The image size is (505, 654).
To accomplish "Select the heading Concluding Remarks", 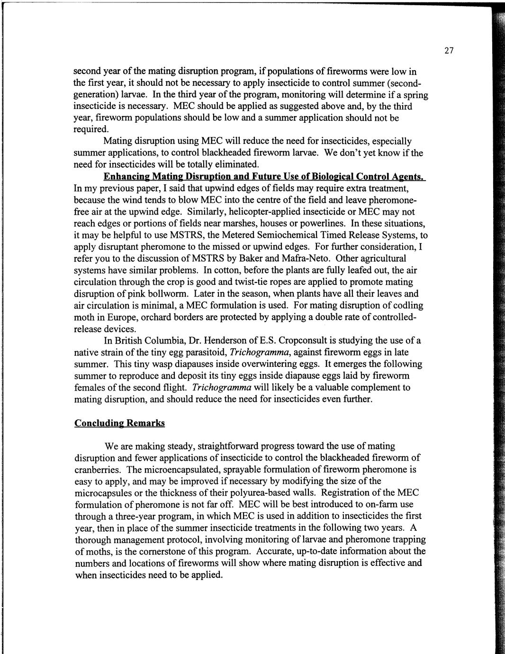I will click(119, 423).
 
